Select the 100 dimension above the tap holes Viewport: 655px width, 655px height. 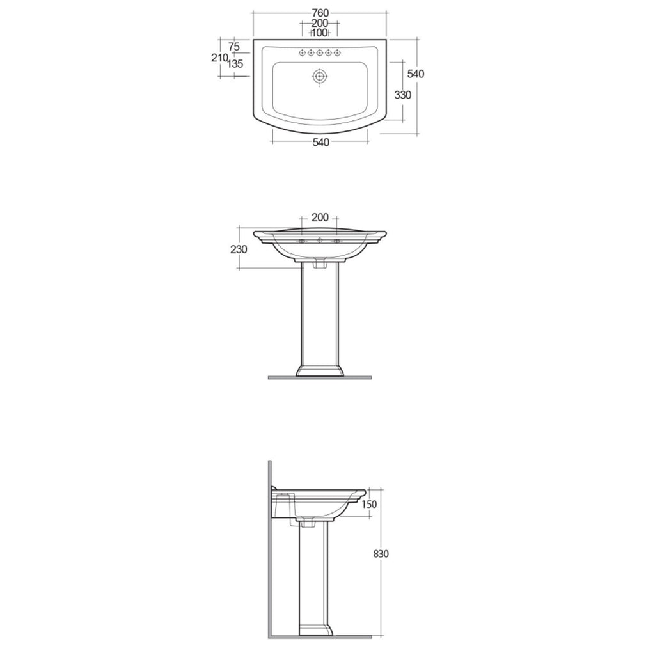(x=320, y=33)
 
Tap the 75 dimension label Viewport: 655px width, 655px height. (x=233, y=46)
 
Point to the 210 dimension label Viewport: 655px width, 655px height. (x=220, y=58)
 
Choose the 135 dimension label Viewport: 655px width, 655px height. (x=235, y=64)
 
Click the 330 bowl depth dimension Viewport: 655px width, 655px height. (x=402, y=95)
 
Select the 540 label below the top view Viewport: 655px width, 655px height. (x=320, y=143)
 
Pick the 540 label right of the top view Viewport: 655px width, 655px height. (x=416, y=74)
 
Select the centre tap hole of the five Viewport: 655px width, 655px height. (x=320, y=52)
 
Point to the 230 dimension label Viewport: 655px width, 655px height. (x=239, y=249)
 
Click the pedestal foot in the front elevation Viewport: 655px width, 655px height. (x=320, y=370)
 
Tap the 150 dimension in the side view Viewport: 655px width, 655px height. (x=368, y=504)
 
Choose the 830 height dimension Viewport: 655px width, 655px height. (x=382, y=554)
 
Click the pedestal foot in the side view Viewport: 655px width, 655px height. (x=314, y=630)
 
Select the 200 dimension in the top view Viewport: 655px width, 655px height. (x=320, y=23)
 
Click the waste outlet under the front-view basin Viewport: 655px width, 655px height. (x=320, y=262)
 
